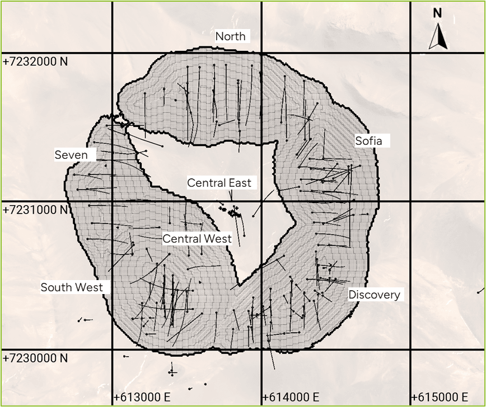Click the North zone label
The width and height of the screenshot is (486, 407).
click(x=231, y=36)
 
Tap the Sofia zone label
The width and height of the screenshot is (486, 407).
click(x=368, y=141)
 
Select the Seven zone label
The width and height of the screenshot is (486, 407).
click(x=75, y=154)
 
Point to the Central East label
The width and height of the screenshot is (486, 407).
click(x=219, y=183)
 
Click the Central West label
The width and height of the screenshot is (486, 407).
click(x=197, y=239)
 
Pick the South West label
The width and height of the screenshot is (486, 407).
click(x=72, y=287)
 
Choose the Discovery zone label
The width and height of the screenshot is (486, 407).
click(x=374, y=295)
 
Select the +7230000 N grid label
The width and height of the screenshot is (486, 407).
click(x=35, y=358)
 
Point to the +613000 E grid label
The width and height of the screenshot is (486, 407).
click(x=142, y=397)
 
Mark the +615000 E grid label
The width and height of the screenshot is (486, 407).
click(x=440, y=397)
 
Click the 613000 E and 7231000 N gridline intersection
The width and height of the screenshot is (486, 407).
click(x=113, y=201)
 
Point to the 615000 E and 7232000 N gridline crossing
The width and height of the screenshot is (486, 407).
click(x=412, y=54)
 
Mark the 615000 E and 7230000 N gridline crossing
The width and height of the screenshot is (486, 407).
click(x=412, y=350)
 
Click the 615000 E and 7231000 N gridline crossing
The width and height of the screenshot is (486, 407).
click(x=412, y=201)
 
